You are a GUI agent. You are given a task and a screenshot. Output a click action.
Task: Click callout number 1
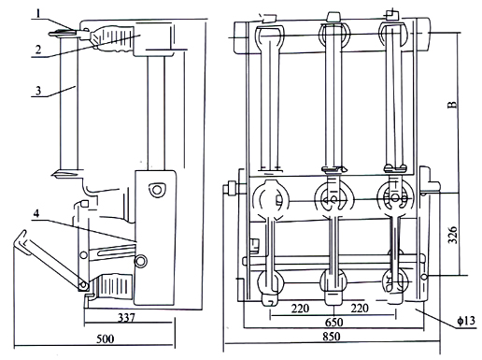(x=38, y=14)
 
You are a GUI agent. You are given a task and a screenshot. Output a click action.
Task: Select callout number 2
(x=38, y=50)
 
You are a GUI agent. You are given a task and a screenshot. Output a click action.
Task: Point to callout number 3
(x=38, y=91)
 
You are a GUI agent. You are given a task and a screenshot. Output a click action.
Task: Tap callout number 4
(x=36, y=213)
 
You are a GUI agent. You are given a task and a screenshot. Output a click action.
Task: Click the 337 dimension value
(x=126, y=318)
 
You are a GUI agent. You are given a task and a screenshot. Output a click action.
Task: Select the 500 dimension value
(x=106, y=338)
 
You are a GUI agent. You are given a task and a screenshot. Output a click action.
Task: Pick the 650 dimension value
(x=333, y=323)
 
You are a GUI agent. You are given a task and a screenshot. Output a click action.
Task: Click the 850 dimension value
(x=331, y=337)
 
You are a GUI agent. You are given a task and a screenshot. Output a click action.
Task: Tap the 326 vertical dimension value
(x=452, y=235)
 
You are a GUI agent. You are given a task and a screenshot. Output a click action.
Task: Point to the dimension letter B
(x=453, y=105)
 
